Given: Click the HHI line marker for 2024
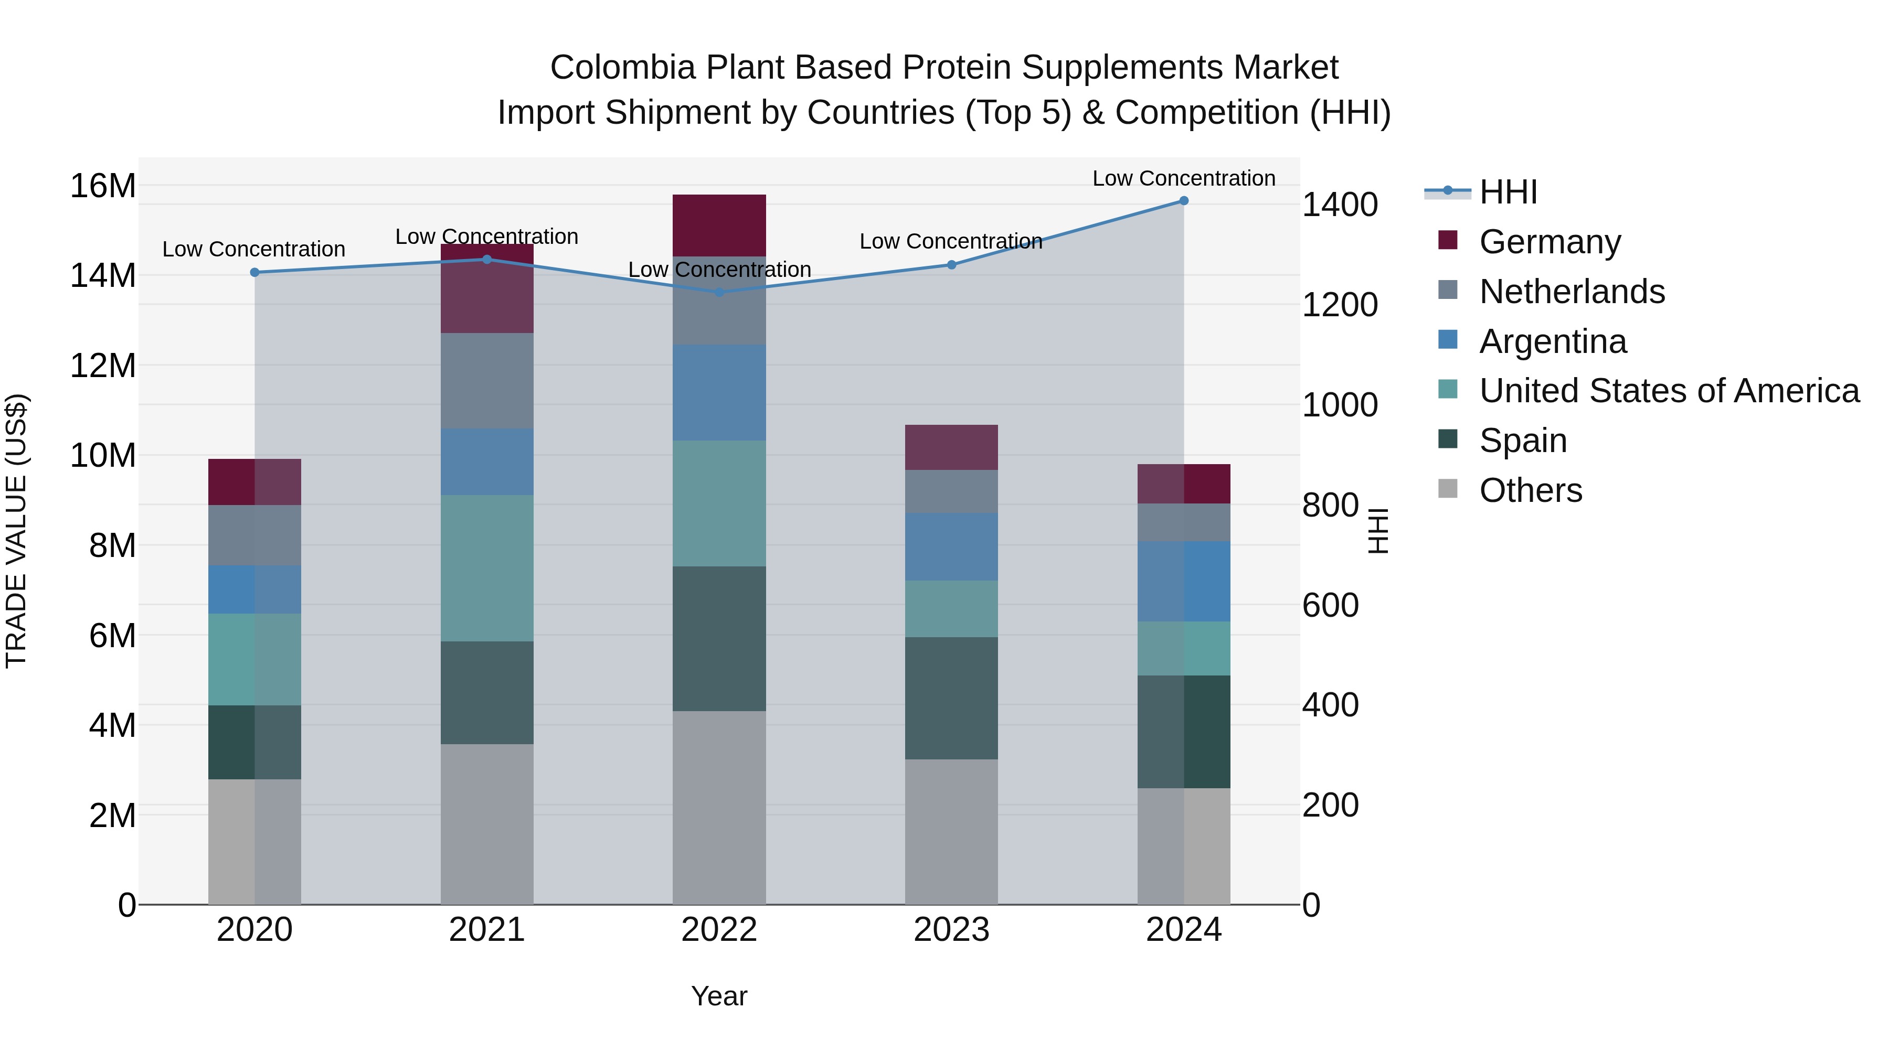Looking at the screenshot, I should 1184,201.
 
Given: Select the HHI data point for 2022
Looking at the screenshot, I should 719,293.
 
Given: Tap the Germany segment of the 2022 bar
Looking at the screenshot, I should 719,225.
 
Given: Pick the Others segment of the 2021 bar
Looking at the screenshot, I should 487,824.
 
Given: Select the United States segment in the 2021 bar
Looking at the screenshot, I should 487,568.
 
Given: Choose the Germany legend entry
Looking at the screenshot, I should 1549,242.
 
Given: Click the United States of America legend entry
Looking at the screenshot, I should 1668,391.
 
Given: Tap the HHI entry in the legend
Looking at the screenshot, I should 1508,192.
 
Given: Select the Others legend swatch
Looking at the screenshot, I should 1448,489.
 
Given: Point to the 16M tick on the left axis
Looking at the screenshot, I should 103,186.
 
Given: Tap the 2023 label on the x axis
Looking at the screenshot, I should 951,930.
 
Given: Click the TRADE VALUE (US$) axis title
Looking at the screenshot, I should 16,531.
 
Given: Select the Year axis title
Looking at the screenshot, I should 719,996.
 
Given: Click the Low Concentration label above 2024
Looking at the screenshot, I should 1184,178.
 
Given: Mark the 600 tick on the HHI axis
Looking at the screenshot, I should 1330,605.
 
